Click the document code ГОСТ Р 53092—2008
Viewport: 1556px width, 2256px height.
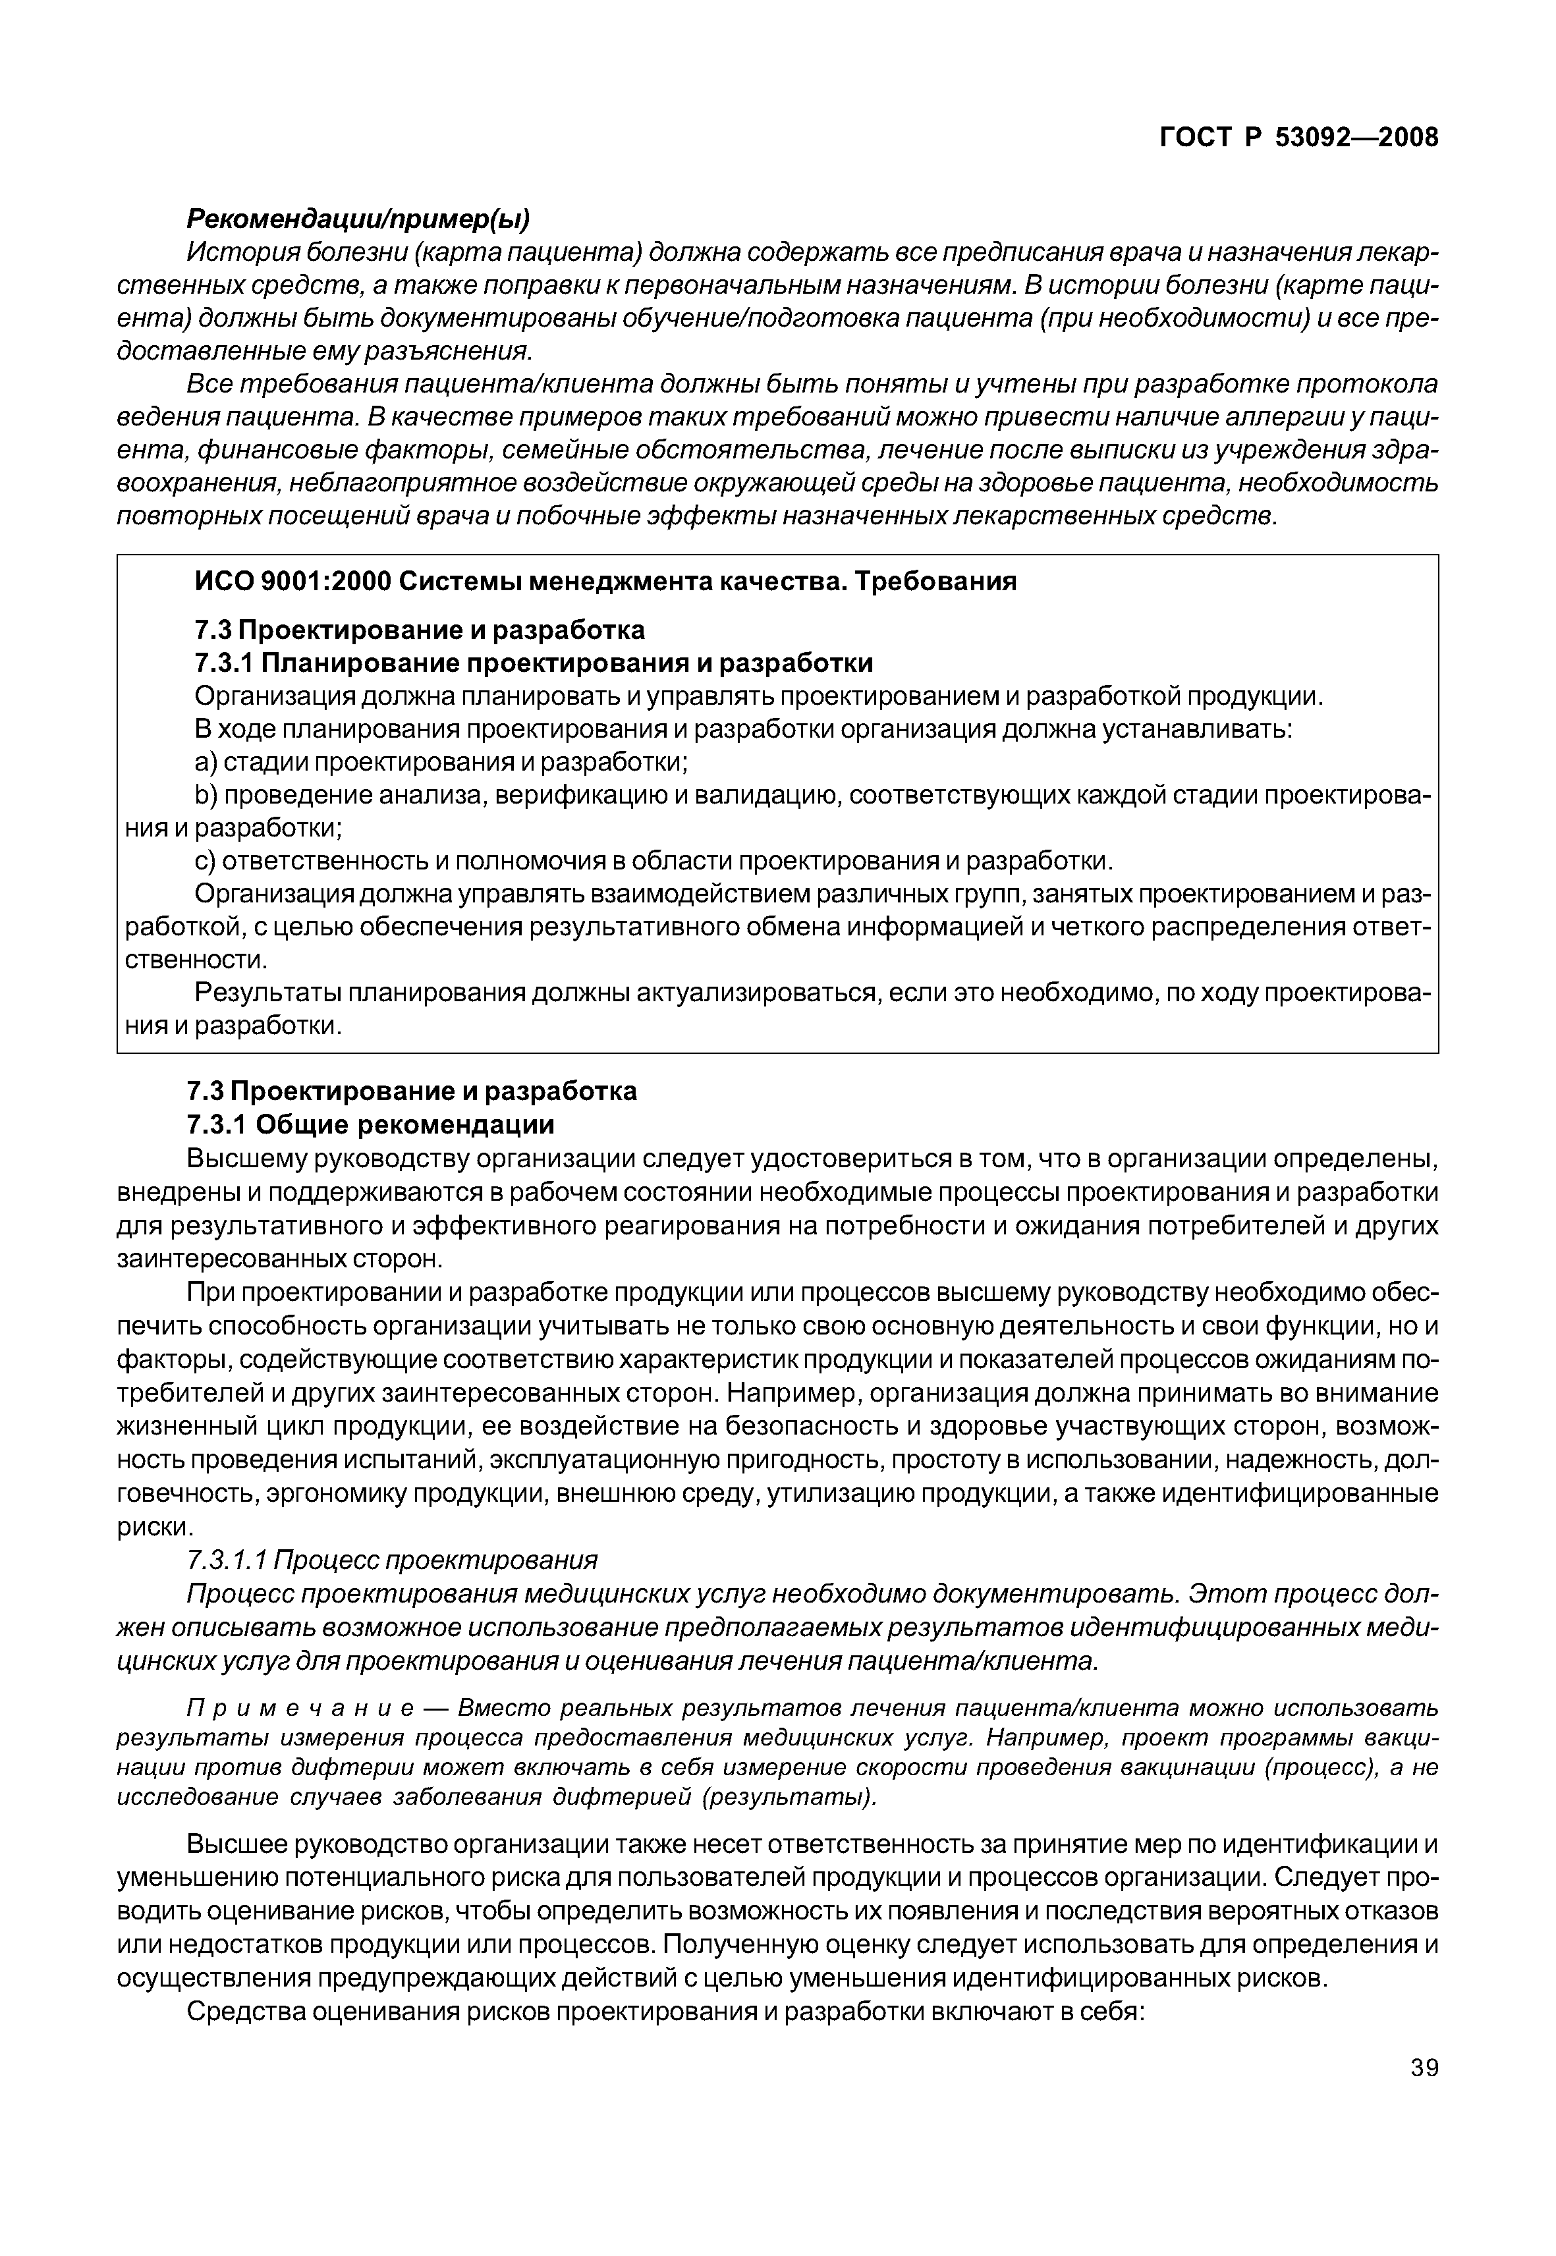tap(1298, 138)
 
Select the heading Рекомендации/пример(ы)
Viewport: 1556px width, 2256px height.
tap(358, 219)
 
